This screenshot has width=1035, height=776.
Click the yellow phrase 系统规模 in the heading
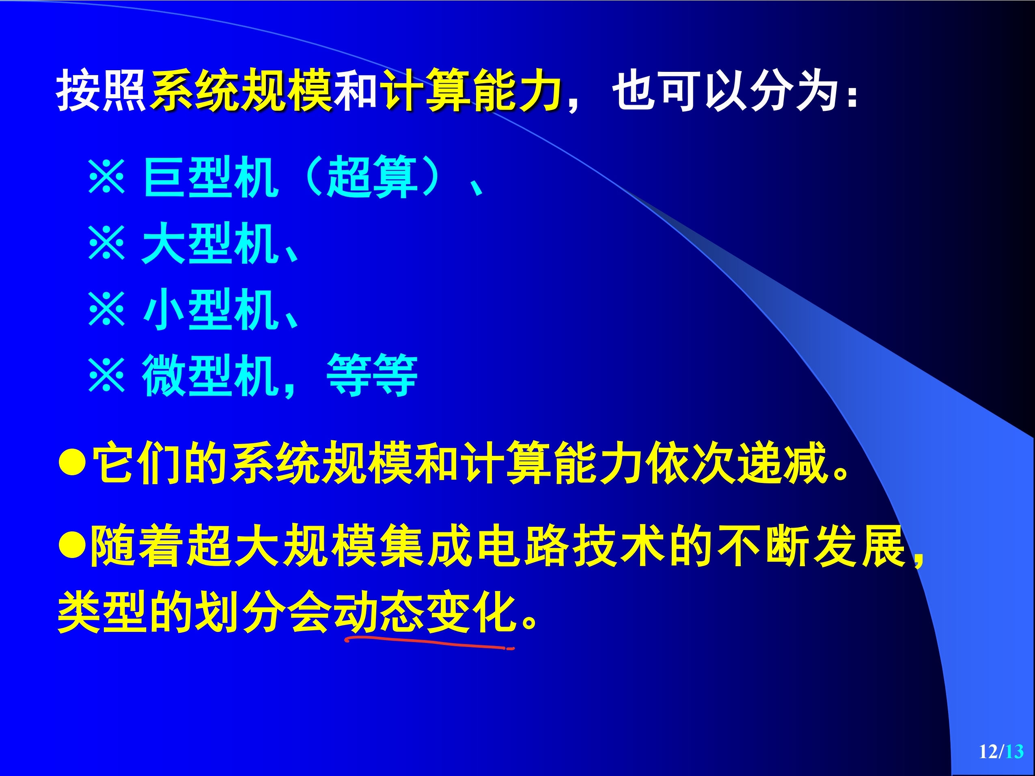click(241, 90)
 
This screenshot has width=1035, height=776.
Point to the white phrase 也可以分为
click(725, 90)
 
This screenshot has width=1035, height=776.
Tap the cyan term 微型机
click(211, 375)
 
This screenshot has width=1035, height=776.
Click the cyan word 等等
click(371, 375)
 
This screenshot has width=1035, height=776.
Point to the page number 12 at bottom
click(988, 752)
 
